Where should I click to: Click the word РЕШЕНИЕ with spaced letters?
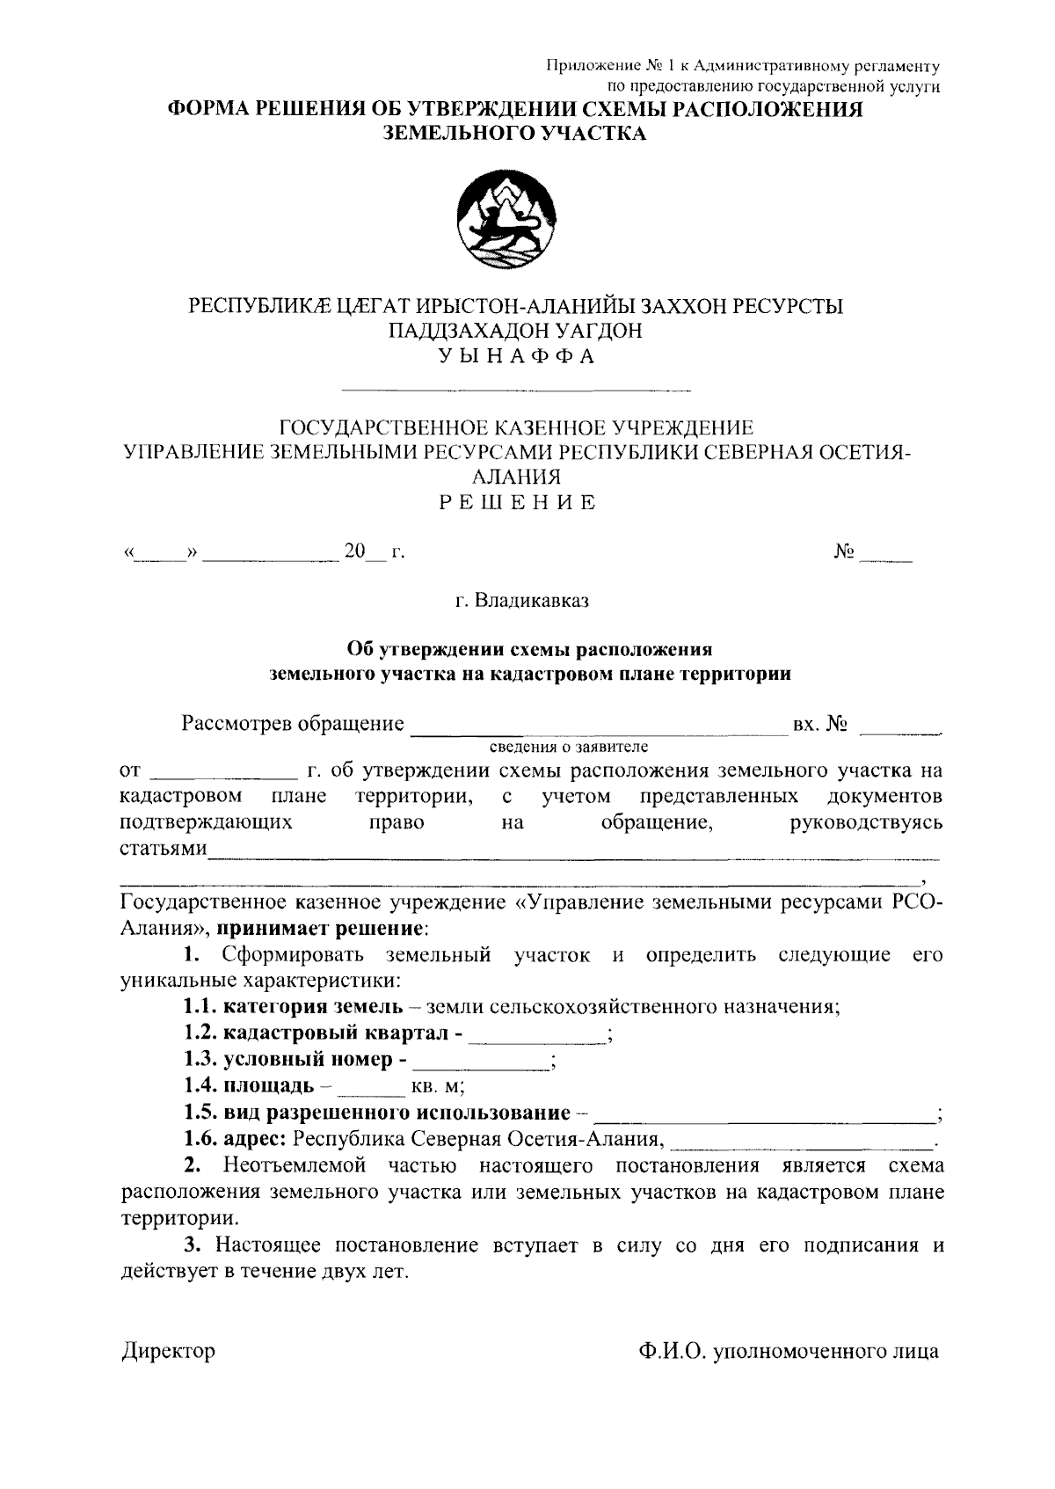click(517, 503)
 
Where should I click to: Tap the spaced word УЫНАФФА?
click(517, 356)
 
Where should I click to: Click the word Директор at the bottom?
click(168, 1351)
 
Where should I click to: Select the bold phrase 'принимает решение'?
click(322, 929)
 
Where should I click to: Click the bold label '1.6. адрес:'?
click(235, 1140)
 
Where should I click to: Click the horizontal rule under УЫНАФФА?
click(516, 390)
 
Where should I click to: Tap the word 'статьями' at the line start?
click(163, 850)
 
